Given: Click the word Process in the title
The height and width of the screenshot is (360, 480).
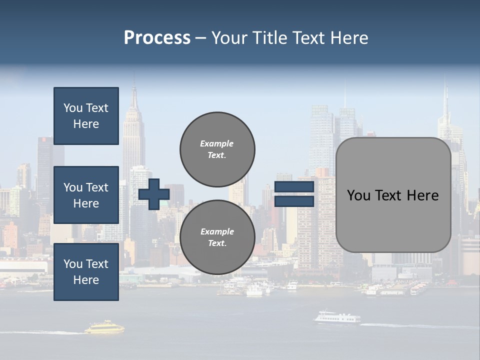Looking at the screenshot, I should [157, 38].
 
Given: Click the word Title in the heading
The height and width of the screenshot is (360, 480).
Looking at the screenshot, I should [269, 38].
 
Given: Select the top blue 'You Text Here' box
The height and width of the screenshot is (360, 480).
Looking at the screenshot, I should [86, 116].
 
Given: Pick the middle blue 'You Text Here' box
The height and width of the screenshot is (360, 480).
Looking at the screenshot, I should [86, 195].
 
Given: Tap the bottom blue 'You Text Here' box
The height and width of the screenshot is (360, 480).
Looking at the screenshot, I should [86, 272].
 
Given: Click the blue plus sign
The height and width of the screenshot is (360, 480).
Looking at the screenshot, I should [153, 194].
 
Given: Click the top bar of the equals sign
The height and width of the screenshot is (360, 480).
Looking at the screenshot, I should [294, 187].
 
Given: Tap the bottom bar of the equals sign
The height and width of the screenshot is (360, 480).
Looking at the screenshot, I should [294, 201].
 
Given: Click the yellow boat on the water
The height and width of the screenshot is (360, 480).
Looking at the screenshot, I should [104, 328].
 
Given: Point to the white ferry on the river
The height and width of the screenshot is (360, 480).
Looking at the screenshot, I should [336, 318].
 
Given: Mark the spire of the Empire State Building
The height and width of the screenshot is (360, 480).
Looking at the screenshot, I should [134, 95].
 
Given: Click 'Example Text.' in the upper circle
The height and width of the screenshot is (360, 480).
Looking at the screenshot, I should [217, 149].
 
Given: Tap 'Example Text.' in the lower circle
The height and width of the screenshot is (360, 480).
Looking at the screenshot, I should [217, 237].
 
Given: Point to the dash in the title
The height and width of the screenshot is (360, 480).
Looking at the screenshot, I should [201, 38].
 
